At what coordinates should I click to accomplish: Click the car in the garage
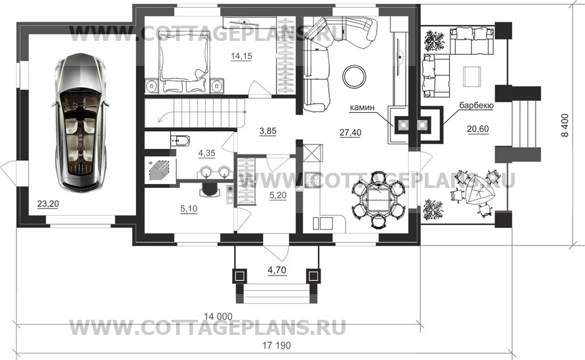coord(80,123)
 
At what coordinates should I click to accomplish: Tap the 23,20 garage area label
coord(47,204)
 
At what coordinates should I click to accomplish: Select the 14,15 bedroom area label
coord(241,56)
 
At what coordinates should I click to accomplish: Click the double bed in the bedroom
coord(183,61)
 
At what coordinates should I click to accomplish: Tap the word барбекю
coord(476,105)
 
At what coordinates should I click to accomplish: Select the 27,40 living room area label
coord(350,132)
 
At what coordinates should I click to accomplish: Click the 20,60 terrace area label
coord(478,129)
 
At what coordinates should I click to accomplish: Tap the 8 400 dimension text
coord(565,125)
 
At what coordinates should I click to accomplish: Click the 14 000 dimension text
coord(218,316)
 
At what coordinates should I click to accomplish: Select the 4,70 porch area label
coord(277,270)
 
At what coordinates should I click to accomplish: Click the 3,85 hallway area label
coord(268,131)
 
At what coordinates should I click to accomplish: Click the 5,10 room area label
coord(189,209)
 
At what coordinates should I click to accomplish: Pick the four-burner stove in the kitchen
coord(313,180)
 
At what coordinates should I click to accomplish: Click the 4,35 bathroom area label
coord(206,152)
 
